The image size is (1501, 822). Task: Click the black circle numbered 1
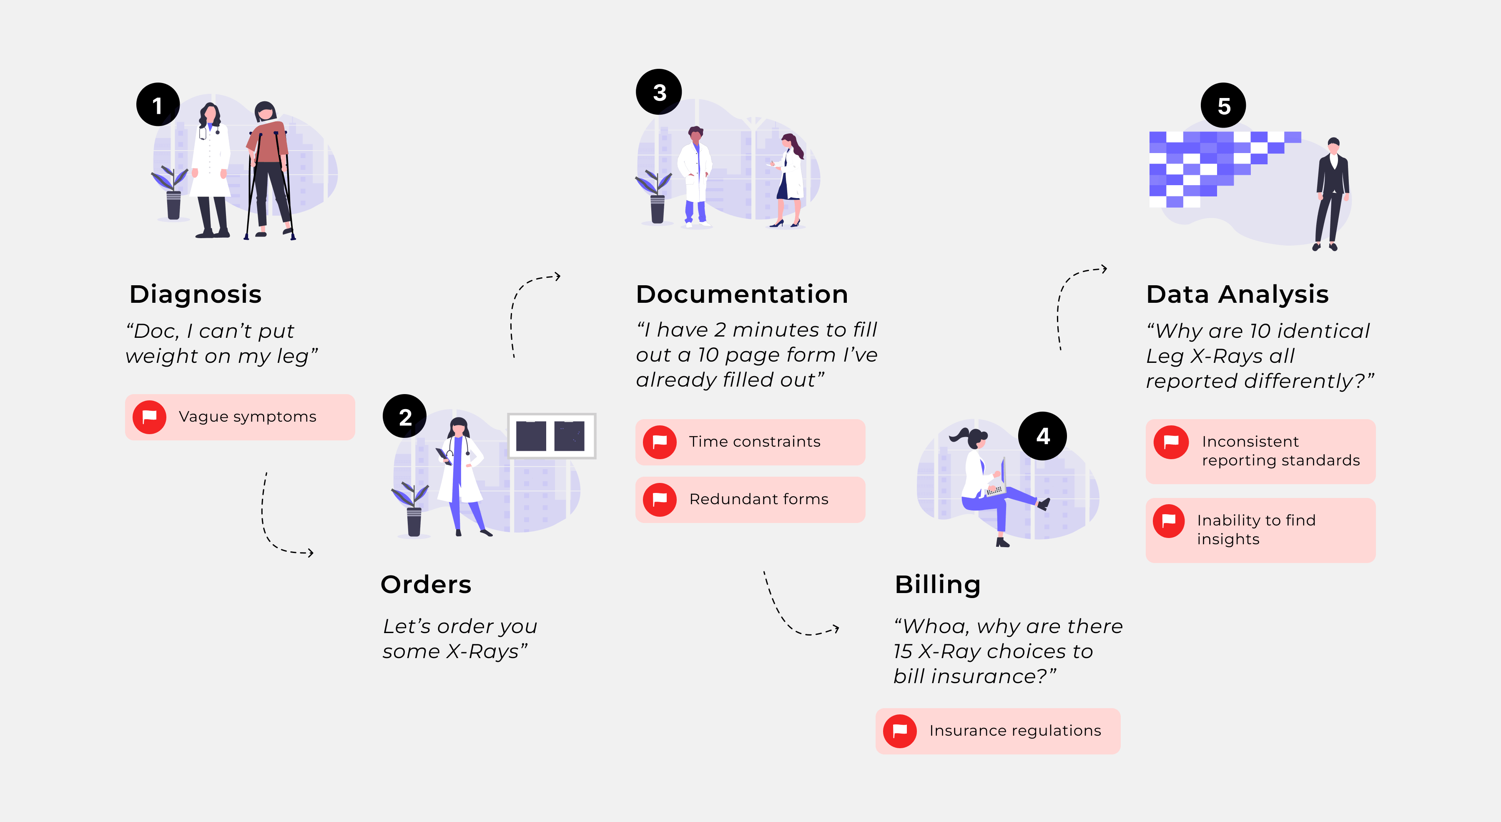coord(157,105)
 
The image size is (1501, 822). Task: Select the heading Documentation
coord(741,294)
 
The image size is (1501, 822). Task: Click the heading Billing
coord(937,584)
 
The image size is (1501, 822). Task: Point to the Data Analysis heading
coord(1237,294)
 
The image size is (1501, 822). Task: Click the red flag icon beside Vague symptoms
coord(149,417)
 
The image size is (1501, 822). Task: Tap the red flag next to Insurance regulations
coord(900,731)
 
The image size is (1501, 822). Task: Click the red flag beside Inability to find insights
coord(1168,520)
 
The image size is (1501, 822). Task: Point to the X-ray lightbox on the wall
coord(551,435)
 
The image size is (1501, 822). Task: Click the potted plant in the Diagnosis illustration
coord(172,192)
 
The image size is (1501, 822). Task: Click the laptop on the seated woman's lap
coord(998,484)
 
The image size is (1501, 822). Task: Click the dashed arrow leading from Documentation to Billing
coord(793,612)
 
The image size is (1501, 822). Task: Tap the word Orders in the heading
coord(425,584)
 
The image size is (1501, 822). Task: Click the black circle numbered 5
coord(1223,106)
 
